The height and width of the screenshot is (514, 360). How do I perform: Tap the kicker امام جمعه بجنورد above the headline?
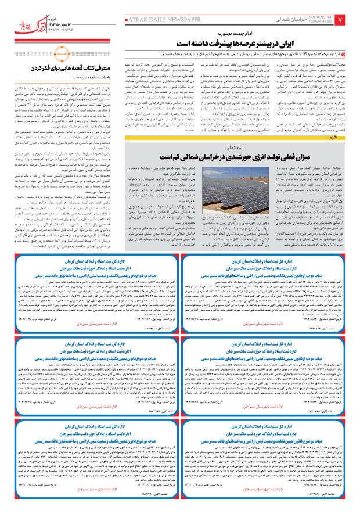pos(273,34)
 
